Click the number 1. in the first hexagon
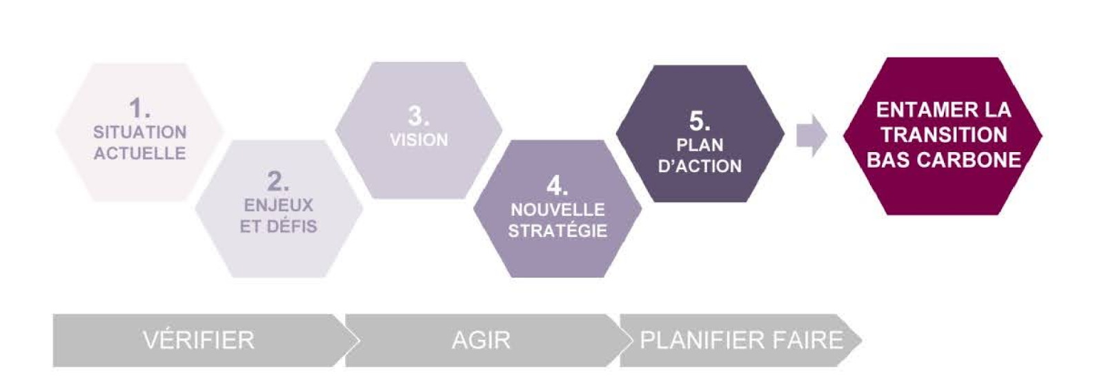pos(139,108)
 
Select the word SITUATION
pos(139,132)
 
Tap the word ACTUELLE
pos(139,153)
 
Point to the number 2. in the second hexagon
pos(278,182)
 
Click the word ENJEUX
pos(278,205)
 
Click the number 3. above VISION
pos(418,116)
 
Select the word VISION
pos(418,140)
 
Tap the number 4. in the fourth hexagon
pos(558,186)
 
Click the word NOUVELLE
pos(558,209)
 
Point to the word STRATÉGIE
pos(558,231)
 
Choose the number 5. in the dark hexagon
pos(700,121)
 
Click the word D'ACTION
pos(700,166)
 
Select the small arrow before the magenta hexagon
pos(811,135)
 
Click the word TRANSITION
pos(943,135)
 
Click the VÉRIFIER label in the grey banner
pos(199,340)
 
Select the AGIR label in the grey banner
pos(481,340)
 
